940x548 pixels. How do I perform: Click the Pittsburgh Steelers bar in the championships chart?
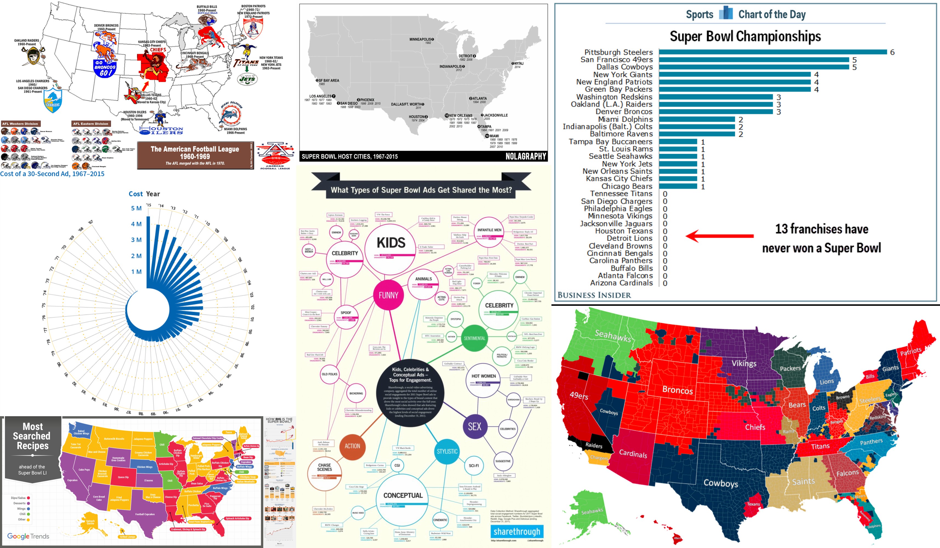[x=772, y=52]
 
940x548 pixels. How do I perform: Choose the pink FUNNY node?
[x=388, y=295]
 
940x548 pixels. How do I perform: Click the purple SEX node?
[x=474, y=426]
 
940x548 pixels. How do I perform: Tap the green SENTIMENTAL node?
[x=474, y=338]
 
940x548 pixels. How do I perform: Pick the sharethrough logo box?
[x=517, y=531]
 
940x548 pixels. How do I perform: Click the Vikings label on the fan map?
[x=744, y=364]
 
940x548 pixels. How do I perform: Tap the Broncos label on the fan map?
[x=677, y=390]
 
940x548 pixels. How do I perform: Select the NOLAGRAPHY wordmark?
[x=526, y=156]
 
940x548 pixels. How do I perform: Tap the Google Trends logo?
[x=28, y=536]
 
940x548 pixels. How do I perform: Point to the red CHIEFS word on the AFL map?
[x=158, y=50]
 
